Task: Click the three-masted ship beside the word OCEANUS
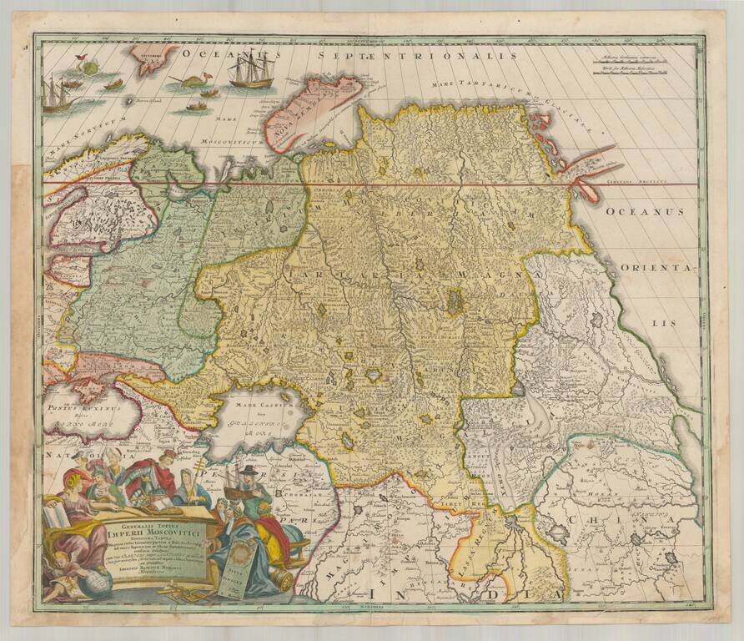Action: pyautogui.click(x=250, y=73)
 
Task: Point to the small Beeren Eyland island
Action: pyautogui.click(x=129, y=100)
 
